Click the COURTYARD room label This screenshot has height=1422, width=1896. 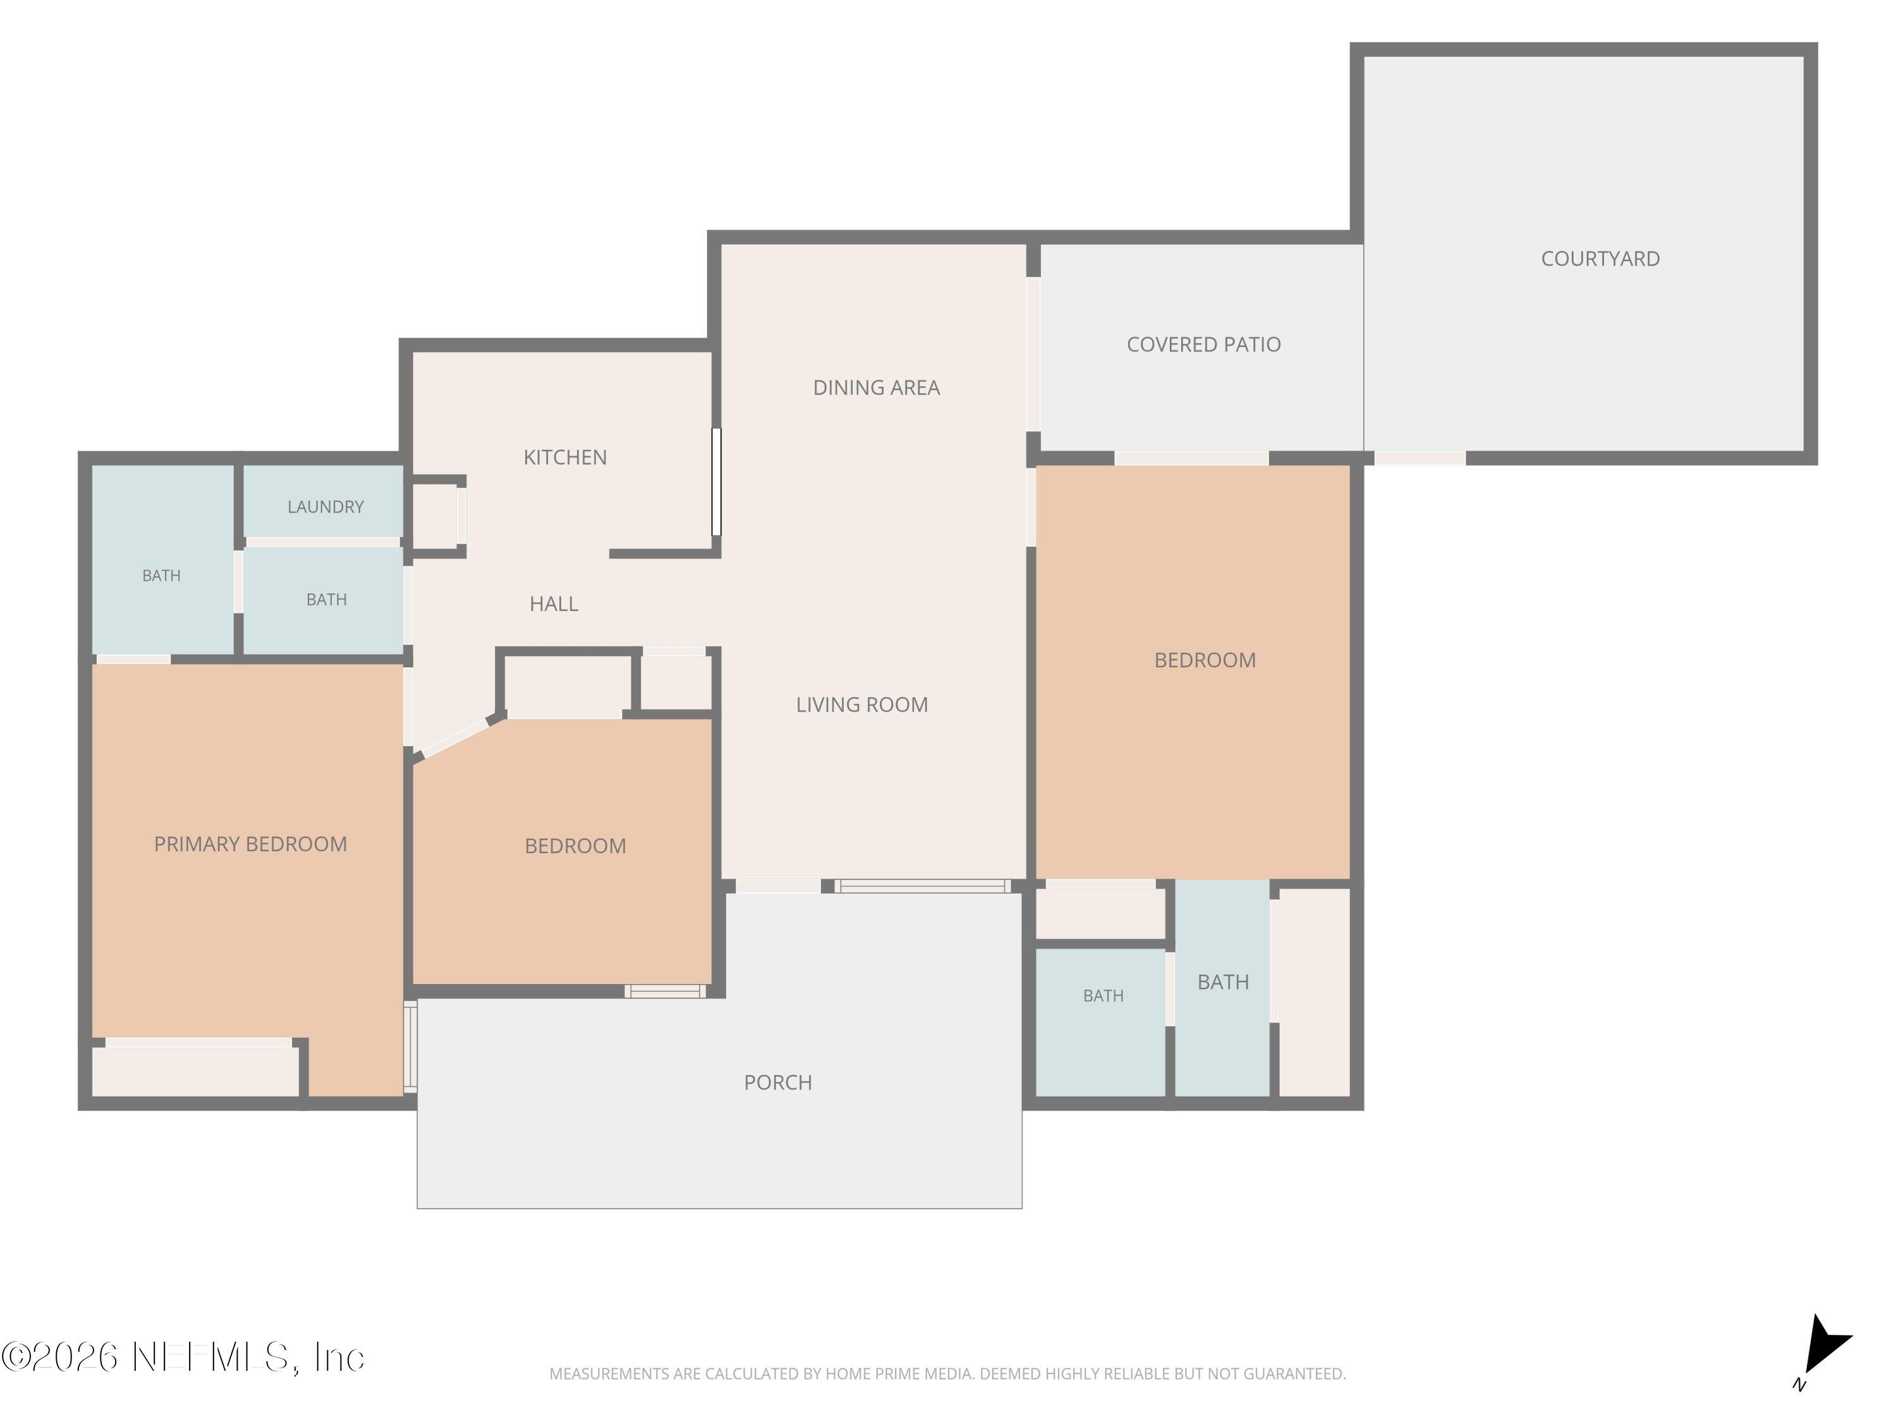1600,259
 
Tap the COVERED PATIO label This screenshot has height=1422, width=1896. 1203,344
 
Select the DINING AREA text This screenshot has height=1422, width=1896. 876,387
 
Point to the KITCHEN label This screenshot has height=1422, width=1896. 565,458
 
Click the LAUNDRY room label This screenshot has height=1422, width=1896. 325,507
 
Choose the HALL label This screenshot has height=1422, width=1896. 554,604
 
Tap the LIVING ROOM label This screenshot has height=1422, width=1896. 861,705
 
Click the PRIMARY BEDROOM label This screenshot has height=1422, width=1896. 250,844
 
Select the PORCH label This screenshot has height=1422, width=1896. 777,1083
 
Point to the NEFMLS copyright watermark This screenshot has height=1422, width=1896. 183,1357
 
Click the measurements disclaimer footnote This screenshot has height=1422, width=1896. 947,1374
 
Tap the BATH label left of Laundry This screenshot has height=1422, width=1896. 161,576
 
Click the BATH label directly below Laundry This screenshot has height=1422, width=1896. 327,600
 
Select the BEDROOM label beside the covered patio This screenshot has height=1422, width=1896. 1205,660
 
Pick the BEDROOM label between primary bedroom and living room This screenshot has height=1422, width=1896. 575,846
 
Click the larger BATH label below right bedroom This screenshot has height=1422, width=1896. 1222,982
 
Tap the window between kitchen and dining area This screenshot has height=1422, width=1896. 717,482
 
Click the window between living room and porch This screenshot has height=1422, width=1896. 922,886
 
